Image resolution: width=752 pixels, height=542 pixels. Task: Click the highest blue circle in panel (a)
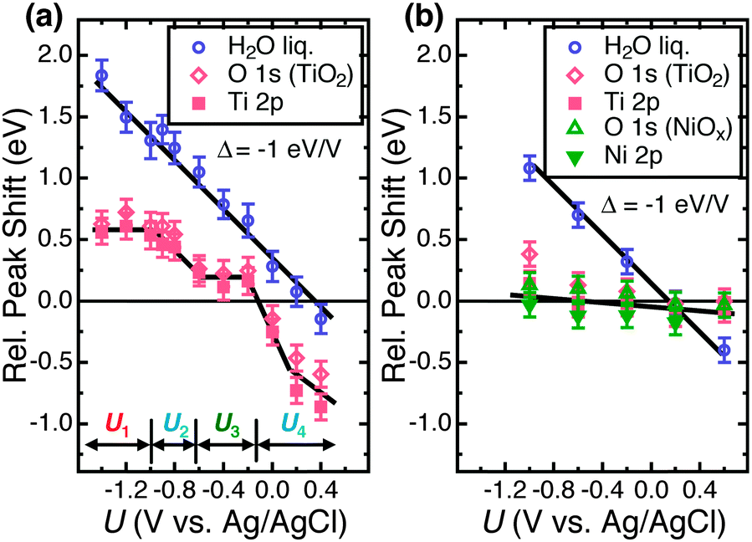coord(101,75)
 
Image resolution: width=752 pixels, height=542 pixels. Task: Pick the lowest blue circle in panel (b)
coord(724,350)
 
